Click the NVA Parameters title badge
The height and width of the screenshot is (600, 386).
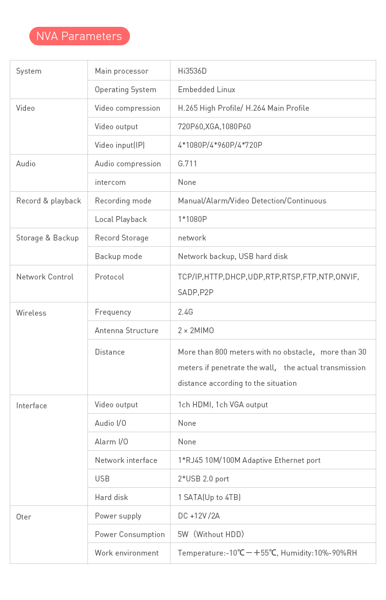pyautogui.click(x=79, y=36)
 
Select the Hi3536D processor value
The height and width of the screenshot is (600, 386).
pyautogui.click(x=192, y=71)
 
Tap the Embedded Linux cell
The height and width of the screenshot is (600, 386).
pyautogui.click(x=206, y=90)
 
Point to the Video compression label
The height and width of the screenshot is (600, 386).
pyautogui.click(x=127, y=108)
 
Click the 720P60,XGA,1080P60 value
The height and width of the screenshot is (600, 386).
pyautogui.click(x=214, y=127)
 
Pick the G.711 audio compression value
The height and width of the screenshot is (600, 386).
pyautogui.click(x=187, y=164)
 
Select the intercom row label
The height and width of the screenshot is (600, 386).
pyautogui.click(x=110, y=182)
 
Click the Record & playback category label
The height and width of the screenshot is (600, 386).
pyautogui.click(x=48, y=201)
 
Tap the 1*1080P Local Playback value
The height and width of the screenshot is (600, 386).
pyautogui.click(x=192, y=220)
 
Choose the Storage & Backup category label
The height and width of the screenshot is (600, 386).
pyautogui.click(x=47, y=238)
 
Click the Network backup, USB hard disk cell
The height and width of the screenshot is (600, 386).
pyautogui.click(x=233, y=257)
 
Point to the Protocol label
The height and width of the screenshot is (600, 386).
pyautogui.click(x=109, y=277)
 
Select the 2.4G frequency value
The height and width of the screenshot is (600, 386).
pyautogui.click(x=185, y=312)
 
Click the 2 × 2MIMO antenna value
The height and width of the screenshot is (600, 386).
pyautogui.click(x=195, y=331)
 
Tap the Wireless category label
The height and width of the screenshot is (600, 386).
pyautogui.click(x=31, y=313)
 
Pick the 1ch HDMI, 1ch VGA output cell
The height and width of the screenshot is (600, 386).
pyautogui.click(x=222, y=405)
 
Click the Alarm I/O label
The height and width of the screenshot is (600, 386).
pyautogui.click(x=111, y=442)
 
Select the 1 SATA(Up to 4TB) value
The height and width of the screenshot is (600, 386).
pyautogui.click(x=209, y=498)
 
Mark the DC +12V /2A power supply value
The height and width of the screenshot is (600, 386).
pyautogui.click(x=198, y=516)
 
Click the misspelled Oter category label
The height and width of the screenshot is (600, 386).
pyautogui.click(x=23, y=517)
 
